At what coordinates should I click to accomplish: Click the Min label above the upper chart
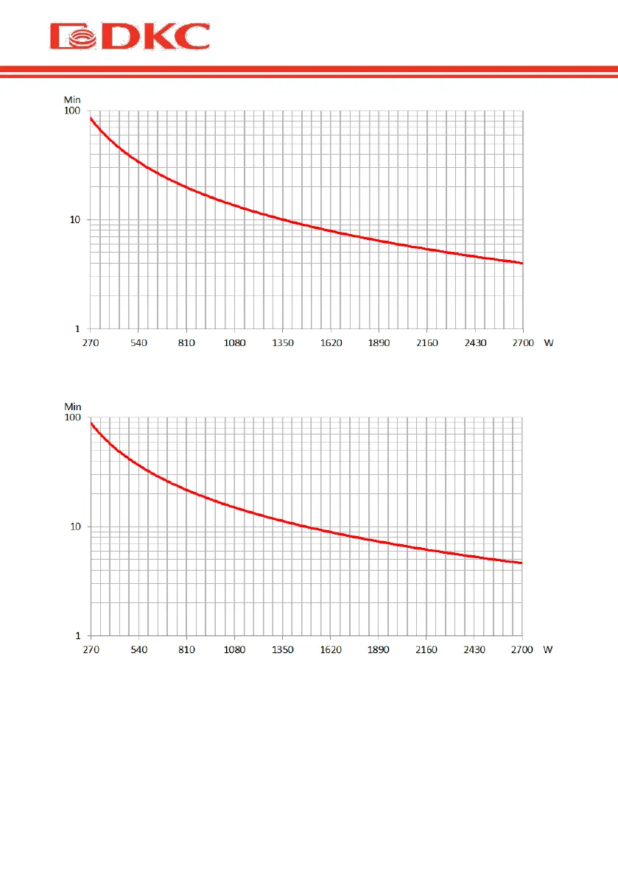click(72, 100)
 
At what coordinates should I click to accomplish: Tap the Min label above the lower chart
click(72, 406)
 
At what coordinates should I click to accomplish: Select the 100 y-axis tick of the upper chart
click(71, 110)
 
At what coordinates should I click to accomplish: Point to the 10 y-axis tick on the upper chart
click(74, 219)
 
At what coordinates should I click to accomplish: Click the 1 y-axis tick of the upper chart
click(77, 328)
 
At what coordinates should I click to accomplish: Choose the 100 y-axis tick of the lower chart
click(71, 418)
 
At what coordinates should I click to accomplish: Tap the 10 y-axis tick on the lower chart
click(74, 526)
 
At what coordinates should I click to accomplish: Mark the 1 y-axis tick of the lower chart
click(77, 635)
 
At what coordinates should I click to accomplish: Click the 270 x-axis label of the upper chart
click(91, 343)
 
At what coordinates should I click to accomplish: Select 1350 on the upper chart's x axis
click(283, 343)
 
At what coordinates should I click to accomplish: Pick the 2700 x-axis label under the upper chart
click(522, 343)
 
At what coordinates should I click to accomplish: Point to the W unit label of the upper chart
click(548, 343)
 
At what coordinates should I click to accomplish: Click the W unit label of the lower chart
click(548, 650)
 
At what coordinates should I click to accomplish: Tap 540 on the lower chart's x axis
click(138, 650)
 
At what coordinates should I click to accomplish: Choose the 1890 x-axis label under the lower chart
click(379, 650)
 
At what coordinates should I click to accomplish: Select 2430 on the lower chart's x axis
click(474, 650)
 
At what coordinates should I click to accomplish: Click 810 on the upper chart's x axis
click(186, 343)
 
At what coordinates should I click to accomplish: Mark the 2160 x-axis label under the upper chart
click(426, 343)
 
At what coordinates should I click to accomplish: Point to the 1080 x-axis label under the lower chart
click(234, 650)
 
